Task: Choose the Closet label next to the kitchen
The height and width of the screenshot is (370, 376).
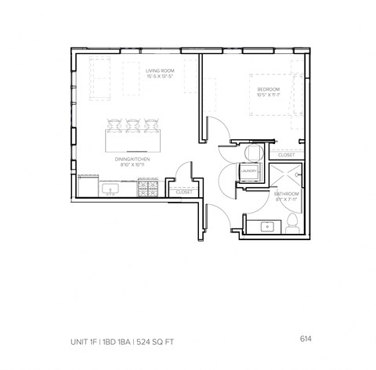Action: [184, 192]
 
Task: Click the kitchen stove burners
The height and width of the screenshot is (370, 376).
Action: [146, 190]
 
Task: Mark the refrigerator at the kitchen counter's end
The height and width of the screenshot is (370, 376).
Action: [85, 186]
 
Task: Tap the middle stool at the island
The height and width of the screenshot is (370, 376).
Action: [132, 124]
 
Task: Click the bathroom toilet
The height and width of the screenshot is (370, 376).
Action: [292, 226]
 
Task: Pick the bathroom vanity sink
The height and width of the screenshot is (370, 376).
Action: [268, 228]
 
